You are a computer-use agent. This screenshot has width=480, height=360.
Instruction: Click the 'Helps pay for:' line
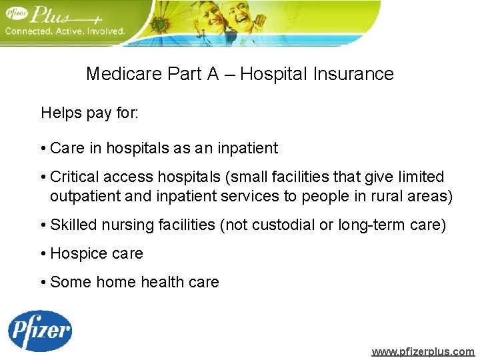(90, 113)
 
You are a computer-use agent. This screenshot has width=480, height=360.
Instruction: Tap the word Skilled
(74, 225)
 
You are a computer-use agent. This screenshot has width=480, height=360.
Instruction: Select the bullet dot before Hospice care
(43, 254)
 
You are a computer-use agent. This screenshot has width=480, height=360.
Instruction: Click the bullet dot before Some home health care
(43, 283)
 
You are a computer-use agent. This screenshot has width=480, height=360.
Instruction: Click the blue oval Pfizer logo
(40, 331)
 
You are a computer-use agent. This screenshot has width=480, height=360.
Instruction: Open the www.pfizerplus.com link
(423, 351)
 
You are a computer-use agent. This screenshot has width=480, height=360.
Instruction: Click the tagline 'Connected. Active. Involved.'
(65, 31)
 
